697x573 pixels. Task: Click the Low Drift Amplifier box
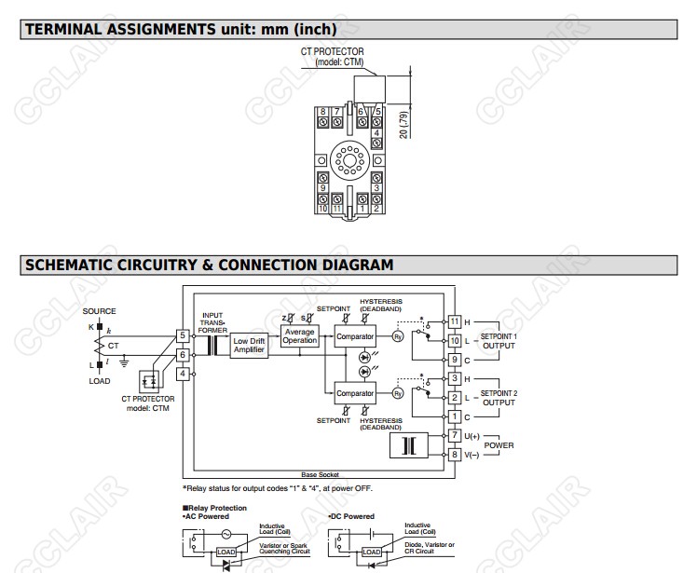(x=248, y=345)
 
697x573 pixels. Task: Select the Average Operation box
(x=299, y=335)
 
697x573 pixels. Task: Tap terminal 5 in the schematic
(x=184, y=334)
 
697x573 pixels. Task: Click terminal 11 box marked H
(x=455, y=321)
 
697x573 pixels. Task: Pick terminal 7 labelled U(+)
(x=455, y=436)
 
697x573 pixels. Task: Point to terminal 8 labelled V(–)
(x=455, y=455)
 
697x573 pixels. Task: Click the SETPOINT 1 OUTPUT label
(x=499, y=340)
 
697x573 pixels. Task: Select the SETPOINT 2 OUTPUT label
(x=499, y=398)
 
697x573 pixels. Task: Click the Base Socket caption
(x=321, y=474)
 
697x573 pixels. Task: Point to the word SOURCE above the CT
(x=100, y=310)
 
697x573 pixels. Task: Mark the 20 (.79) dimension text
(x=403, y=123)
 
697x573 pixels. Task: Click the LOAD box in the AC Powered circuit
(x=226, y=553)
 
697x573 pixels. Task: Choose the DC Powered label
(x=352, y=516)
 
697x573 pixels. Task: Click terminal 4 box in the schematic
(x=184, y=374)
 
